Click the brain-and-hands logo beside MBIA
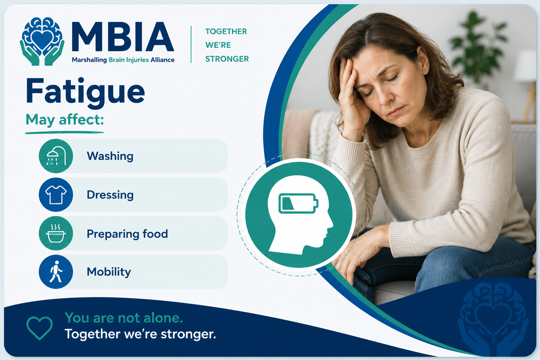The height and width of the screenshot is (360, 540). tap(42, 41)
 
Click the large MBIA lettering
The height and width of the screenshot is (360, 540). tap(123, 37)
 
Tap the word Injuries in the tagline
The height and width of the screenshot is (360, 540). tap(137, 60)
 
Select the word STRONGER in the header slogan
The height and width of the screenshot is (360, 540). tap(227, 59)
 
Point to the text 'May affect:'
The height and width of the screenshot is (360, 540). tap(65, 120)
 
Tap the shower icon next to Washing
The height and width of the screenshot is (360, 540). tap(56, 156)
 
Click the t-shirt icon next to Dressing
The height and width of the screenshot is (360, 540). tap(56, 194)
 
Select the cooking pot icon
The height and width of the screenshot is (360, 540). tap(56, 233)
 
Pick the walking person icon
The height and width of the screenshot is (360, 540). tap(56, 272)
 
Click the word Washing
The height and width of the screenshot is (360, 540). tap(110, 156)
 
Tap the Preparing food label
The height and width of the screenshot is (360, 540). tap(127, 234)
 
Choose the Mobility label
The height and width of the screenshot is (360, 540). tap(109, 272)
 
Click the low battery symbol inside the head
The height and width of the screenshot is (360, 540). tap(298, 203)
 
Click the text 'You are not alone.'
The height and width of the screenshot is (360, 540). tap(124, 318)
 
